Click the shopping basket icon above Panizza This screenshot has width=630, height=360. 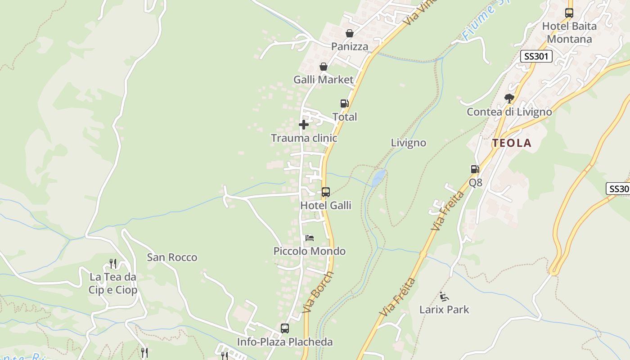pos(349,33)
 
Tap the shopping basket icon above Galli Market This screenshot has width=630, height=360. pos(323,67)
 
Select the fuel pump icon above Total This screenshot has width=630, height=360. pos(344,103)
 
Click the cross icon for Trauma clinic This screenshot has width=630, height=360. pos(304,125)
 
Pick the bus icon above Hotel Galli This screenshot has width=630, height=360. pos(325,192)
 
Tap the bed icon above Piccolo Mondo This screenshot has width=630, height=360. pos(309,238)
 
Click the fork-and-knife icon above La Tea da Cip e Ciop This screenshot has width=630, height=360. pos(113,263)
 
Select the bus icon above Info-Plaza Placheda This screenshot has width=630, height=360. pos(284,328)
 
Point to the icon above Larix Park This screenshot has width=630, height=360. pos(444,296)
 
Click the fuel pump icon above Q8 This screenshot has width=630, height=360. pos(475,169)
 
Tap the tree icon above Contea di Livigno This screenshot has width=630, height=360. pos(509,98)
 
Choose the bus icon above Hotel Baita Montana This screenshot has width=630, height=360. pos(569,13)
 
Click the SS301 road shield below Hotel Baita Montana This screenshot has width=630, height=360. pos(536,56)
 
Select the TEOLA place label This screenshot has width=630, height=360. pos(512,143)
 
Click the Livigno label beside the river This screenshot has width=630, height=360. pos(408,143)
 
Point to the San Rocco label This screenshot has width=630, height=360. pos(172,257)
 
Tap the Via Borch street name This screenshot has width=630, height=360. pos(318,292)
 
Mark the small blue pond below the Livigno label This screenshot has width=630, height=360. pos(378,177)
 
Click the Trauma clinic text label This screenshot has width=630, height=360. pos(304,138)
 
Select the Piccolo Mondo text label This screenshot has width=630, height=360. pos(310,251)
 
